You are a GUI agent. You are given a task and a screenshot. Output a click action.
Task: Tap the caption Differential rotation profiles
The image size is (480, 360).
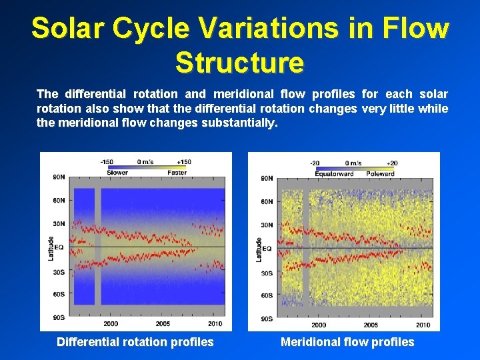[135, 342]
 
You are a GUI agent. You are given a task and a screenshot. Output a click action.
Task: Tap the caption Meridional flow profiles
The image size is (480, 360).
[347, 342]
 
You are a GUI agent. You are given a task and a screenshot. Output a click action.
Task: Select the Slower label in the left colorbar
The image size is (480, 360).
[117, 173]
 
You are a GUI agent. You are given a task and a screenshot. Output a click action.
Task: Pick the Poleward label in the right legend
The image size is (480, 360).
[381, 173]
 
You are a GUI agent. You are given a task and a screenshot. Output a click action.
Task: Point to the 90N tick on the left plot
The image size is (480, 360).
[59, 177]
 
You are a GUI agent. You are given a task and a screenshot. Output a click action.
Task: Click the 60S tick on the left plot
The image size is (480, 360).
[59, 294]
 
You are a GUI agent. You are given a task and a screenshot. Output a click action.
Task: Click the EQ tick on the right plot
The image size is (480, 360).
[267, 249]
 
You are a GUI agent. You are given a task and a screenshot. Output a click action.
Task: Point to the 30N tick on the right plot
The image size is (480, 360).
[267, 225]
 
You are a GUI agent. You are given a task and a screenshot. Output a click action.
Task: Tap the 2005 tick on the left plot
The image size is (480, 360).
[163, 323]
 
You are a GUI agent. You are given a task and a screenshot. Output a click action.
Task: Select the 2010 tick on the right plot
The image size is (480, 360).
[423, 325]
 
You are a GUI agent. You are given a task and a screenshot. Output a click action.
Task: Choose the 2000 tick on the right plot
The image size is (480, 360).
[319, 325]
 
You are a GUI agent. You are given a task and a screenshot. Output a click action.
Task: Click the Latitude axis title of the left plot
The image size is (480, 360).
[51, 248]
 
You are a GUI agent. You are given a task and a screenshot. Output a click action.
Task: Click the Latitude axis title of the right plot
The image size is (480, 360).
[259, 249]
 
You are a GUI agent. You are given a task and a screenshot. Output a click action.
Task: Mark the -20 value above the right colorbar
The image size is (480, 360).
[315, 163]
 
